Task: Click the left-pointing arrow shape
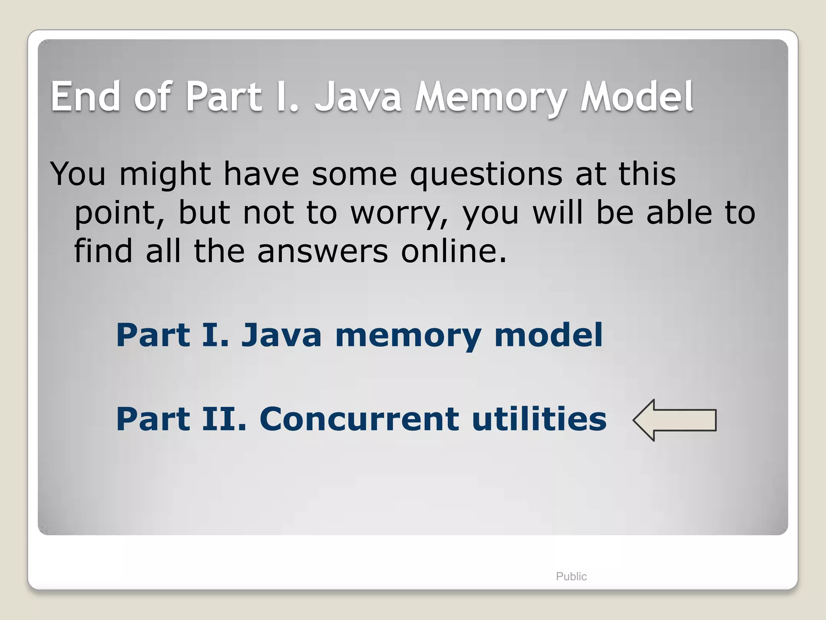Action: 674,420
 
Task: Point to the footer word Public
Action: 571,576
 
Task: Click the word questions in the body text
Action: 486,174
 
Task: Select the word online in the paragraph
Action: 453,251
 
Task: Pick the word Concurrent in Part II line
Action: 359,419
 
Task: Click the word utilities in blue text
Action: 539,419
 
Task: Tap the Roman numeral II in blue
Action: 223,419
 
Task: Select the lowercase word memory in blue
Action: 408,335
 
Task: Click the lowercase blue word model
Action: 548,335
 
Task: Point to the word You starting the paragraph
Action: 78,174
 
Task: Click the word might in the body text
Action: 165,174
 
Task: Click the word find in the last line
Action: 103,251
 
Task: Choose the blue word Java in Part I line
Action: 281,335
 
